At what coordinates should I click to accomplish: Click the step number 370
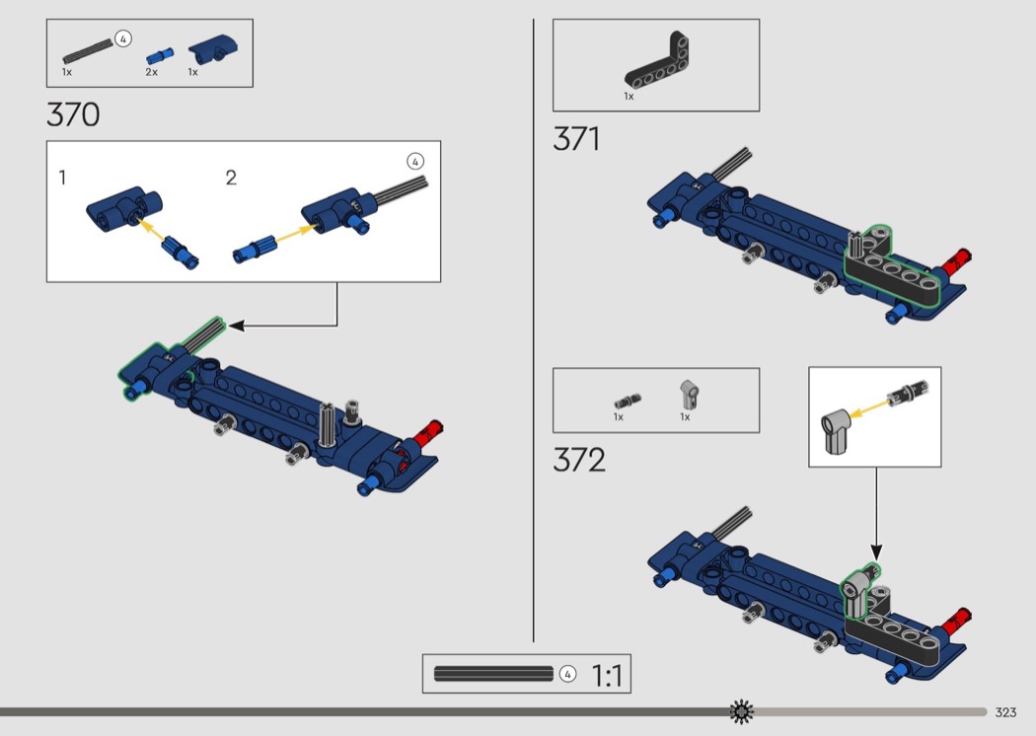[x=73, y=114]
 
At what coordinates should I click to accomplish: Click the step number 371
[x=577, y=139]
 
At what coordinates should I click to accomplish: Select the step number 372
[x=579, y=460]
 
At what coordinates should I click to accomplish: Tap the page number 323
[x=1005, y=712]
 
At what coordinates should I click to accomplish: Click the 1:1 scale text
[x=607, y=675]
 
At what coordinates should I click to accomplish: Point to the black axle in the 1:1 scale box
[x=493, y=674]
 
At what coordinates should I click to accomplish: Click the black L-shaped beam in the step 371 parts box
[x=657, y=61]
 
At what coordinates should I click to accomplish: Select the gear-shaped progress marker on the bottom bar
[x=741, y=711]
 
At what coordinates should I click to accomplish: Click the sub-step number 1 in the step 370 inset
[x=62, y=177]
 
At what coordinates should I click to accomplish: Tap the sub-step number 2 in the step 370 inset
[x=231, y=177]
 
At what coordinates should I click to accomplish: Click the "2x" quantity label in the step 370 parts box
[x=151, y=72]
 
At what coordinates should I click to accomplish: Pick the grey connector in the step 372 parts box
[x=690, y=395]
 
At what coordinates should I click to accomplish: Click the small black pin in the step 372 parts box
[x=627, y=401]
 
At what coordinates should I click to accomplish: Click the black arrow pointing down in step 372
[x=877, y=514]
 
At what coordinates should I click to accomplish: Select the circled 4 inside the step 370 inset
[x=415, y=162]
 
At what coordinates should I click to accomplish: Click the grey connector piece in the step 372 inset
[x=836, y=430]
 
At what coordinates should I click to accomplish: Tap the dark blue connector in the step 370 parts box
[x=213, y=48]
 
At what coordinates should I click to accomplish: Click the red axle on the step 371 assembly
[x=955, y=262]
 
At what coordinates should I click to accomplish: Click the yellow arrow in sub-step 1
[x=153, y=231]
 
